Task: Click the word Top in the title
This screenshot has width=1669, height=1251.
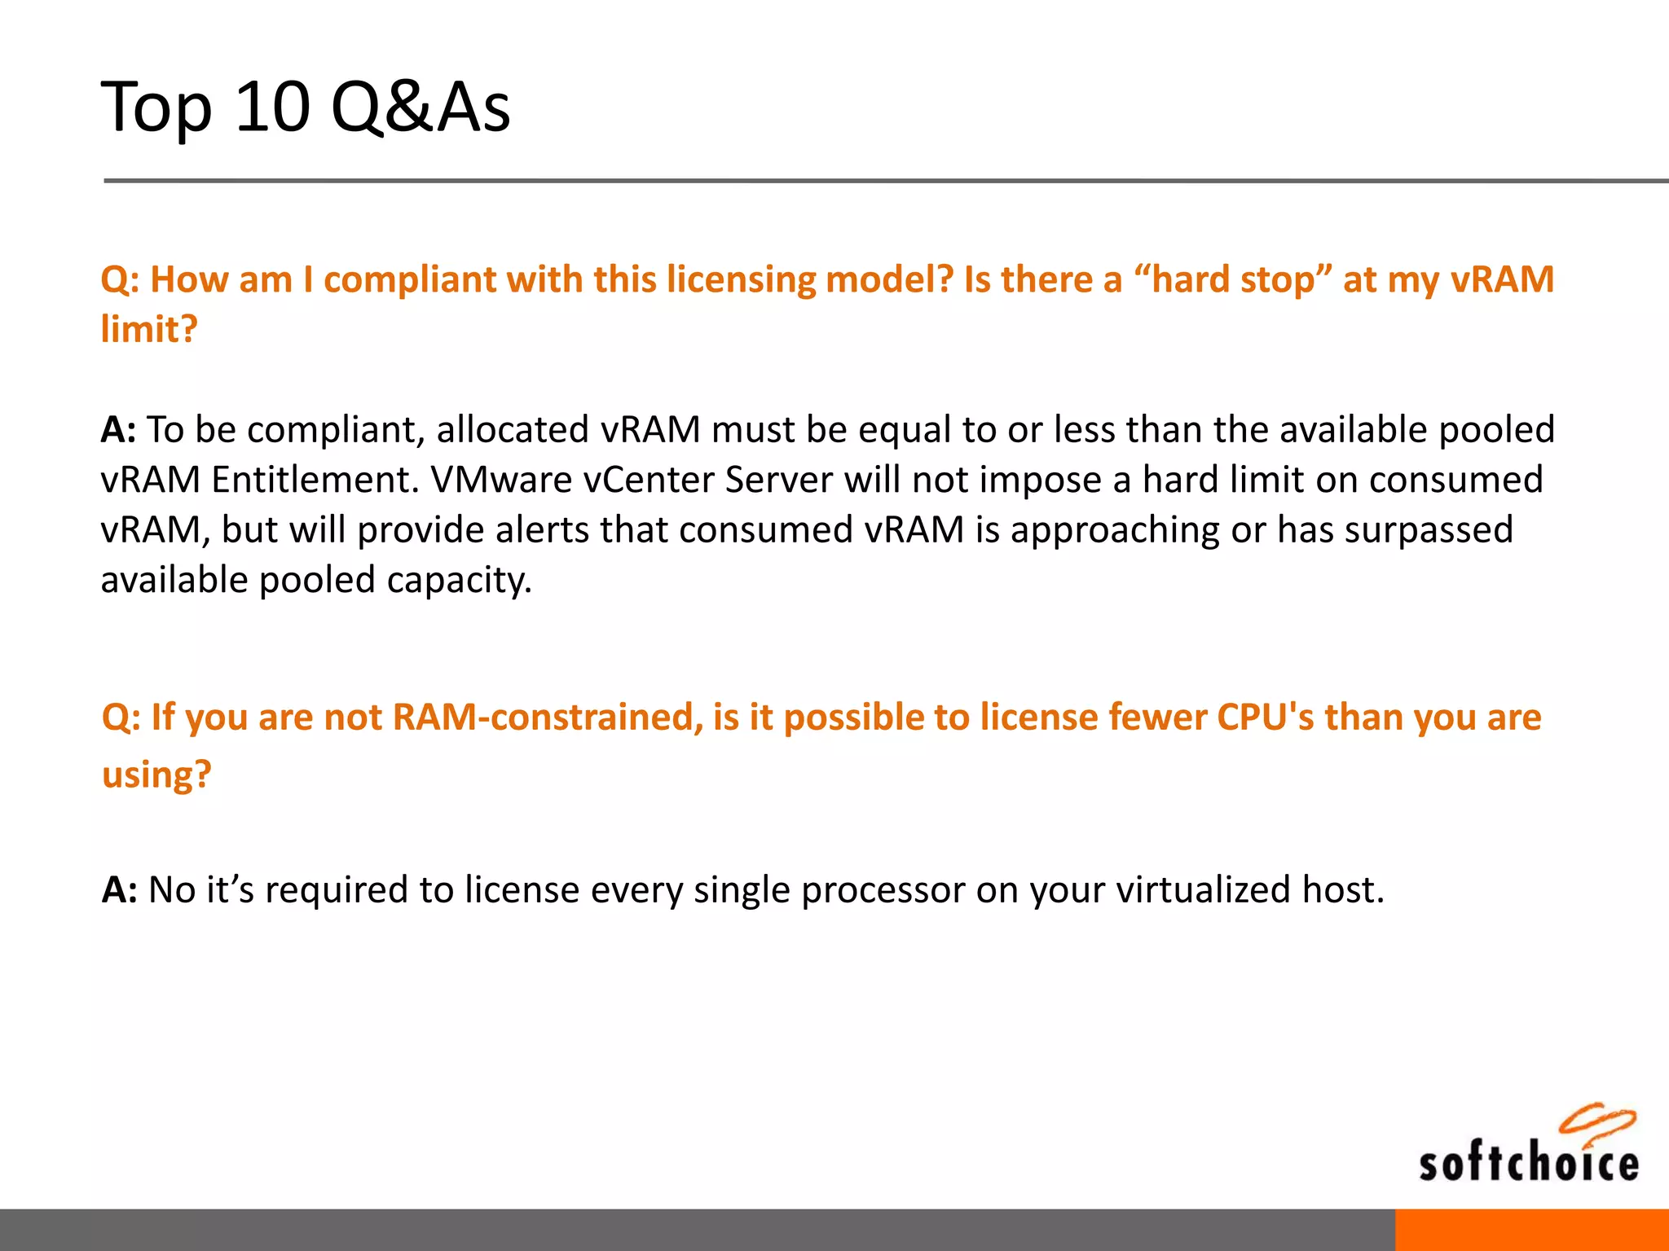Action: tap(156, 108)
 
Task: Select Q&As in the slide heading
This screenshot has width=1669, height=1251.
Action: tap(421, 108)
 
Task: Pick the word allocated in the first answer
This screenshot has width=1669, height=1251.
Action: tap(513, 430)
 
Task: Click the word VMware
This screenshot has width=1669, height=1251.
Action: tap(501, 480)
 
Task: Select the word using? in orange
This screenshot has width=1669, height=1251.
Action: tap(156, 774)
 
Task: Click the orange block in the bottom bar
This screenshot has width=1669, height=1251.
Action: tap(1531, 1230)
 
